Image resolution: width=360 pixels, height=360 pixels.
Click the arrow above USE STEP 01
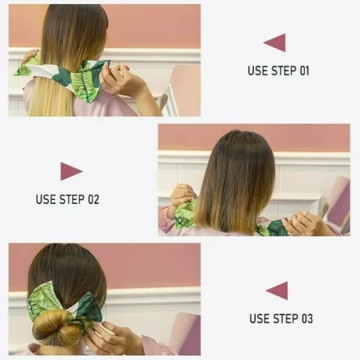275,42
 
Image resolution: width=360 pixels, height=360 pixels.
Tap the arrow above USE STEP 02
71,171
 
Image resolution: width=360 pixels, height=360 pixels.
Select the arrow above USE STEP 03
277,290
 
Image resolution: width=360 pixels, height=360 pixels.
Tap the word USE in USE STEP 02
45,200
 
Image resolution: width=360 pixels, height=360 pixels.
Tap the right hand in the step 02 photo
308,224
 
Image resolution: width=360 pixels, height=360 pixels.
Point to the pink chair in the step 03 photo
185,332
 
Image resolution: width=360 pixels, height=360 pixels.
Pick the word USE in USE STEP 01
256,71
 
